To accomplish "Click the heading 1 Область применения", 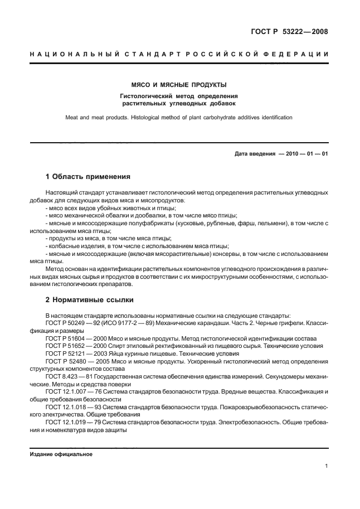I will [87, 177].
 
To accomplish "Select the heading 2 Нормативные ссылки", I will [89, 299].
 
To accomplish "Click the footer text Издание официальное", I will [61, 454].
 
